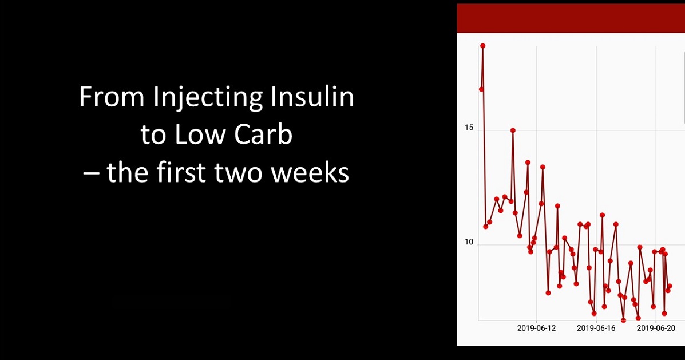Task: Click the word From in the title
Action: coord(112,97)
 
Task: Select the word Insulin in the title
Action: coord(312,97)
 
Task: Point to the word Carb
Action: coord(263,134)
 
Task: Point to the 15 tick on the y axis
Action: coord(469,128)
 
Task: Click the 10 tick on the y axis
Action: coord(469,242)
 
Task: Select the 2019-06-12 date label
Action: coord(536,328)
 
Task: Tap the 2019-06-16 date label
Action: coord(596,328)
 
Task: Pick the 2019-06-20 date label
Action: coord(656,328)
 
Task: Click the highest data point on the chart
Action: coord(483,45)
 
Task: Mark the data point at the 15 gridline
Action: coord(513,130)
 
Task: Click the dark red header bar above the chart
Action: coord(571,18)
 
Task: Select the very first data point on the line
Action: coord(481,89)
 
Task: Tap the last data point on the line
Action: coord(670,286)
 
